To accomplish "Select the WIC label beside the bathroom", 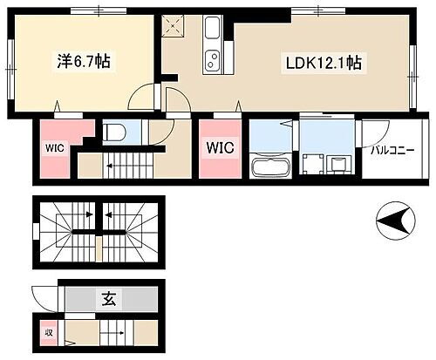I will coord(219,148).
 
